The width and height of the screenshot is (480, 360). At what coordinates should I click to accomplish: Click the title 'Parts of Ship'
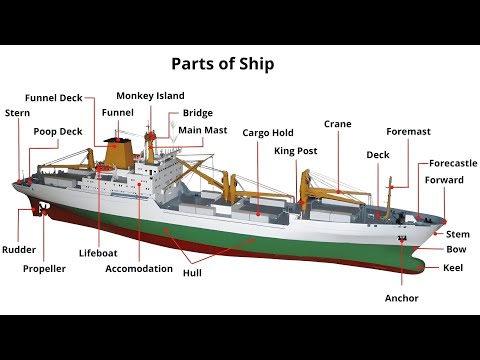(x=223, y=64)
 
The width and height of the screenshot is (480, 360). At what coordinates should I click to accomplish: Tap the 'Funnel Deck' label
(x=57, y=98)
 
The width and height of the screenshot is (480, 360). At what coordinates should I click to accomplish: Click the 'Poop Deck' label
(x=58, y=131)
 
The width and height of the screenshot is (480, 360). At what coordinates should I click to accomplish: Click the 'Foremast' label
(x=408, y=131)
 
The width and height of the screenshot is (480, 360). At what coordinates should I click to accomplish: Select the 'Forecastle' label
(x=452, y=162)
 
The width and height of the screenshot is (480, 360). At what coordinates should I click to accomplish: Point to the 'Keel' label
(x=453, y=267)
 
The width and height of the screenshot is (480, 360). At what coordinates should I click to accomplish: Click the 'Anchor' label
(x=401, y=298)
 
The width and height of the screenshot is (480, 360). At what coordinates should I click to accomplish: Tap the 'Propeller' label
(x=44, y=268)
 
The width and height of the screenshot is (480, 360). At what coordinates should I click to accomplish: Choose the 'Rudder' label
(x=18, y=249)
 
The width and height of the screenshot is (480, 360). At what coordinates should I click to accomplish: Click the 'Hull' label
(x=192, y=271)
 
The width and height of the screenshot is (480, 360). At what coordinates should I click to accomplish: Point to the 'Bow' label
(x=456, y=249)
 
